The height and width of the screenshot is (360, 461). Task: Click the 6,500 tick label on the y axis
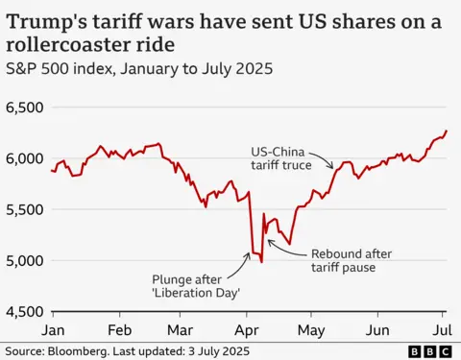(25, 108)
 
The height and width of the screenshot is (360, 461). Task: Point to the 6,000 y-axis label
(25, 158)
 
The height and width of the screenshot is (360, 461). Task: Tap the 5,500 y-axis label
(25, 209)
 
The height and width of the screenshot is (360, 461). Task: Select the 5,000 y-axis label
(25, 260)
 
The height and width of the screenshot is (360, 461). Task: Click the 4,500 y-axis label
(25, 311)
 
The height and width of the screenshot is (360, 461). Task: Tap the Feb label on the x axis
(119, 328)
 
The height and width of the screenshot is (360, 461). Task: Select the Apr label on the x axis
(248, 328)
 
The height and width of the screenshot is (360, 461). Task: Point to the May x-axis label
(311, 328)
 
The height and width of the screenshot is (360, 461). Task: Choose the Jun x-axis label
(378, 328)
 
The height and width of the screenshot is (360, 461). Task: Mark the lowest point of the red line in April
(261, 261)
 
